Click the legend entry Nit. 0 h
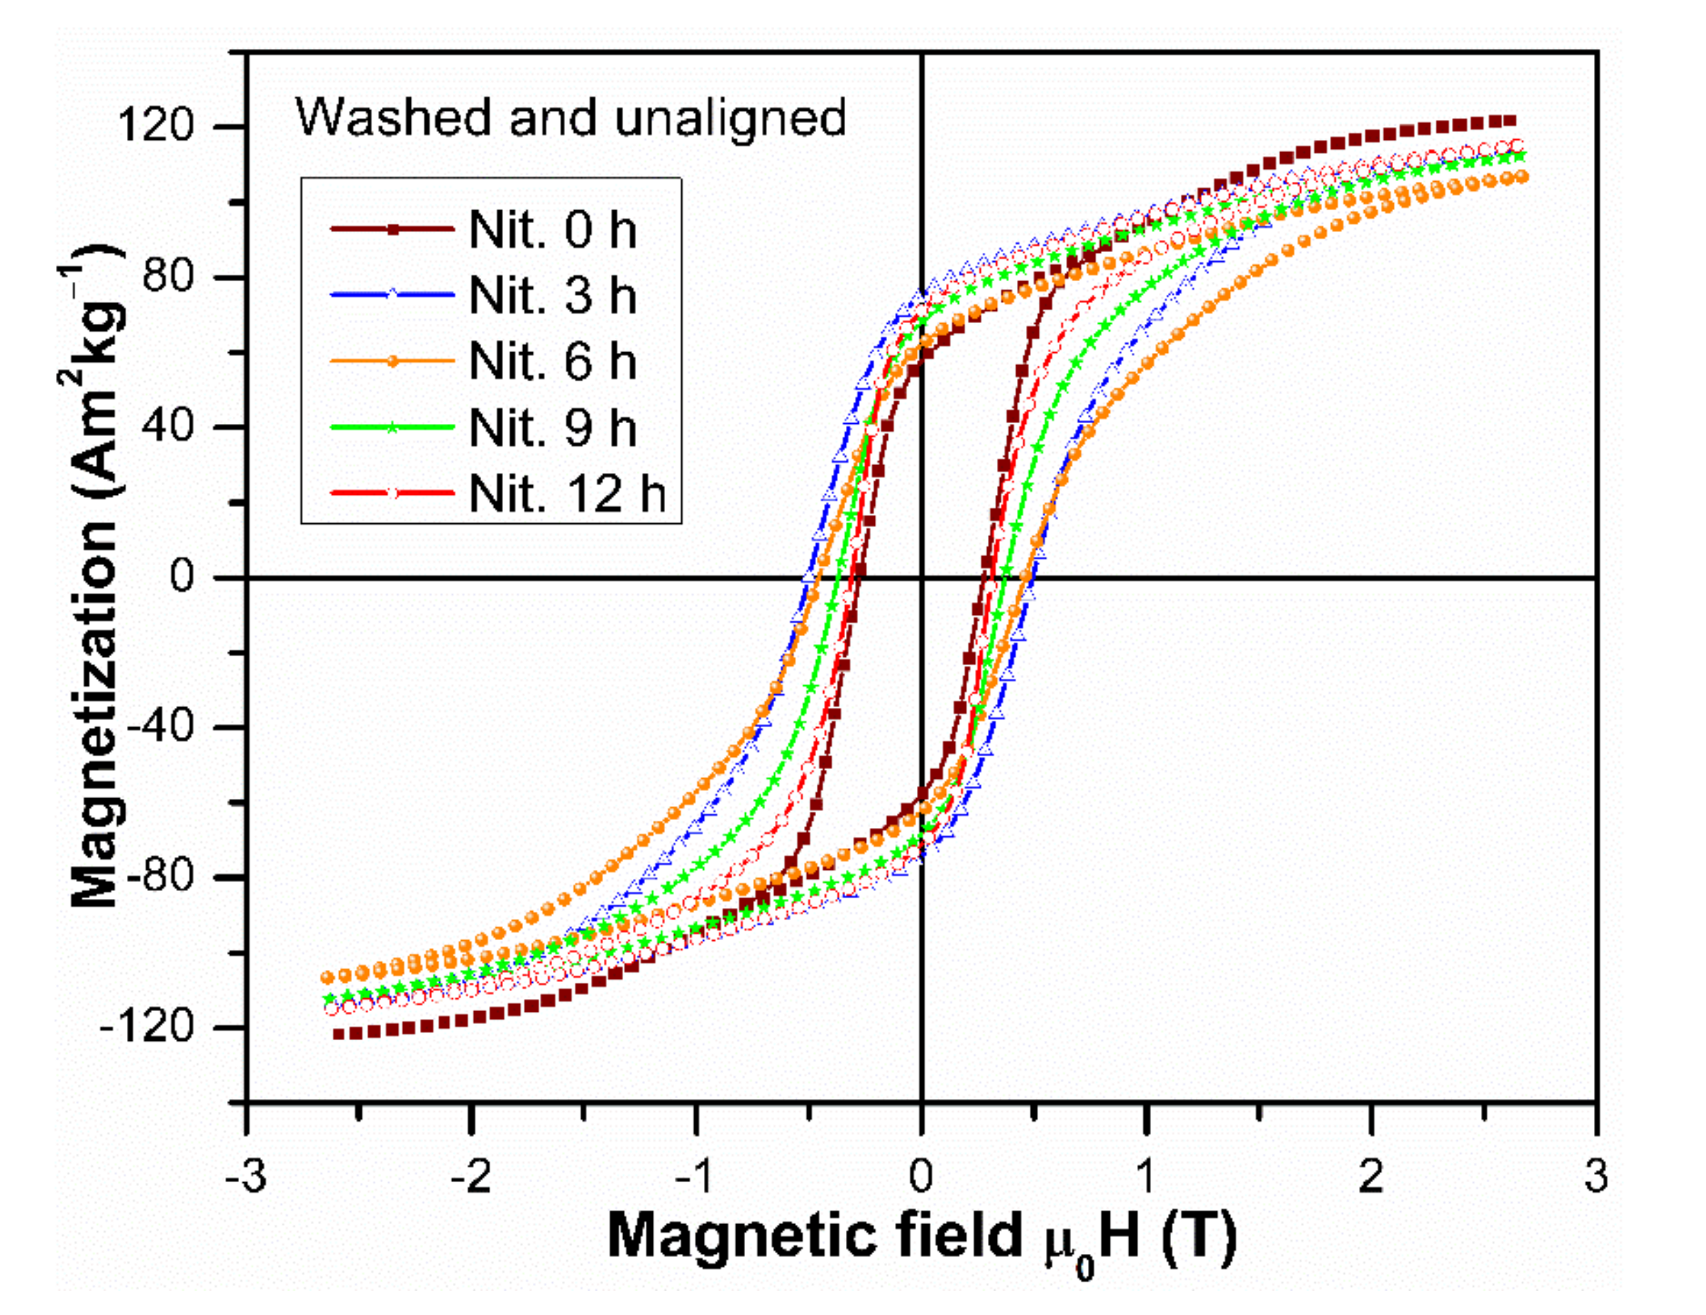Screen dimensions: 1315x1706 coord(552,230)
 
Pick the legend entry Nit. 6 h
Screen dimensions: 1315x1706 coord(552,361)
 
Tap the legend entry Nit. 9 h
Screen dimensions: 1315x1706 coord(552,427)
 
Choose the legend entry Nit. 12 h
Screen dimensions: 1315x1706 coord(567,493)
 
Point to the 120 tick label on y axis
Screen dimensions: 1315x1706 coord(155,125)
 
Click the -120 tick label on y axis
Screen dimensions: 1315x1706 coord(147,1027)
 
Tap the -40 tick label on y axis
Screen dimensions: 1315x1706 coord(160,726)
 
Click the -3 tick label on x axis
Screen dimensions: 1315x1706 coord(246,1176)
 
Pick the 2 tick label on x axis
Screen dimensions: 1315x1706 coord(1371,1176)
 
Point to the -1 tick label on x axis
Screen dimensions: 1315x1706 coord(695,1176)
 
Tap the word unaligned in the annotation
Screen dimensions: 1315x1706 coord(730,119)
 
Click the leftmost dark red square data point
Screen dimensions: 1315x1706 coord(339,1035)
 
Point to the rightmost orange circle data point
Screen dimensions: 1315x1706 coord(1521,178)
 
